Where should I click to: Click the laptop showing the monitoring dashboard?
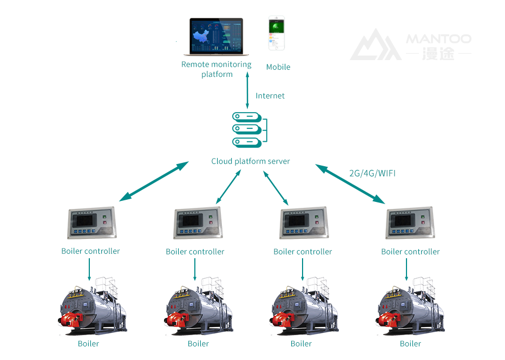point(216,37)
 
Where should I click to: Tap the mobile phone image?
point(276,34)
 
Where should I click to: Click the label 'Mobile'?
point(278,67)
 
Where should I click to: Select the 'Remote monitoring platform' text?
point(217,69)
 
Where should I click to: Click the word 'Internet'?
point(270,96)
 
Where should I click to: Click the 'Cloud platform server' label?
point(251,161)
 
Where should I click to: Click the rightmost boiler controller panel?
point(410,222)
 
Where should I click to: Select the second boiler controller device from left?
point(197,222)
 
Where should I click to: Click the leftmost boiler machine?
point(92,308)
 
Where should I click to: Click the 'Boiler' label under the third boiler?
point(301,344)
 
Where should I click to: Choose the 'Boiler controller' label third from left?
point(303,252)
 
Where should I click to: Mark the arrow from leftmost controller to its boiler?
point(89,269)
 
